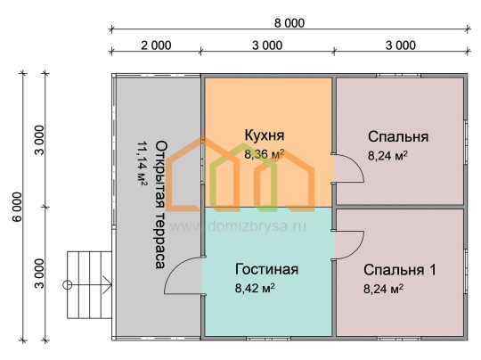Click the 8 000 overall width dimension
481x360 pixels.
pos(289,23)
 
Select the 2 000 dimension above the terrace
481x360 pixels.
pos(156,45)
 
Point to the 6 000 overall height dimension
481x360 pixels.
pos(18,207)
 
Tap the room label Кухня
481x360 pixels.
pos(265,135)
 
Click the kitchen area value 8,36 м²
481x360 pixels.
pos(265,154)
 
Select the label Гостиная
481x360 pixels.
pos(266,269)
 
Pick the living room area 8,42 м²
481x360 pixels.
pos(255,288)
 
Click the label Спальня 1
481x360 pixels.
pos(400,270)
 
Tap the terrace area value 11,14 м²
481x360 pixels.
pos(142,163)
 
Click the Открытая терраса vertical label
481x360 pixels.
pos(160,205)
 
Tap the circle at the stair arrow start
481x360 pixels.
pos(67,285)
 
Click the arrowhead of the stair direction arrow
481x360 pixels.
pos(108,285)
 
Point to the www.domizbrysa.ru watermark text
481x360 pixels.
pos(238,226)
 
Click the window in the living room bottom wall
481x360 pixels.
pos(268,339)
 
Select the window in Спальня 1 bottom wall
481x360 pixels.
pos(398,339)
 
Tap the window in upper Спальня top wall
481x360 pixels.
pos(398,75)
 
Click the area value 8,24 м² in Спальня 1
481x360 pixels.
pos(383,289)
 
